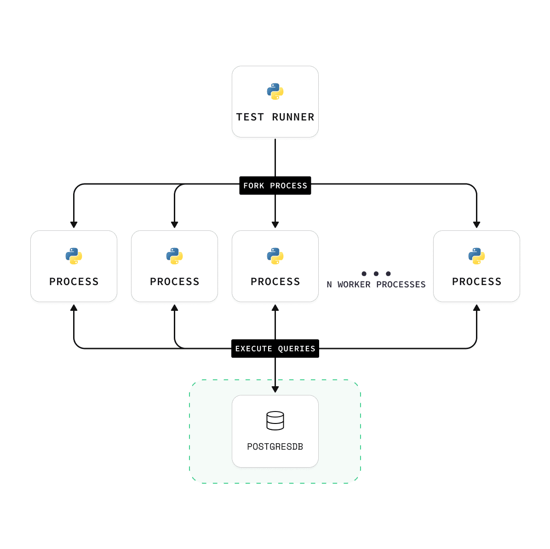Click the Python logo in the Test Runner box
click(275, 91)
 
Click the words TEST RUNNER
click(275, 117)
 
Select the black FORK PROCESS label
click(275, 186)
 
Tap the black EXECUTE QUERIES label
click(275, 349)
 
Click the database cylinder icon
click(275, 420)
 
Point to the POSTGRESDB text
click(275, 446)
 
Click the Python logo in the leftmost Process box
click(74, 256)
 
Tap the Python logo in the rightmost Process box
click(476, 256)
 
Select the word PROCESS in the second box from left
click(174, 282)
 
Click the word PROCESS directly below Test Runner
click(275, 282)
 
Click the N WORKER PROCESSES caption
click(376, 285)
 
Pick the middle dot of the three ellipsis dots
click(376, 274)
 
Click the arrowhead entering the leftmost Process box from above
click(74, 225)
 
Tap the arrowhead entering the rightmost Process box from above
click(476, 225)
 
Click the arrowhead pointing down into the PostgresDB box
click(275, 389)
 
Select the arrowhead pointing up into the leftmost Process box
click(74, 308)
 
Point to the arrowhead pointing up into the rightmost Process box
click(476, 308)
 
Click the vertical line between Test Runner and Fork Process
click(275, 157)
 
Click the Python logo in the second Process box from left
click(174, 256)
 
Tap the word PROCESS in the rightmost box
click(476, 282)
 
